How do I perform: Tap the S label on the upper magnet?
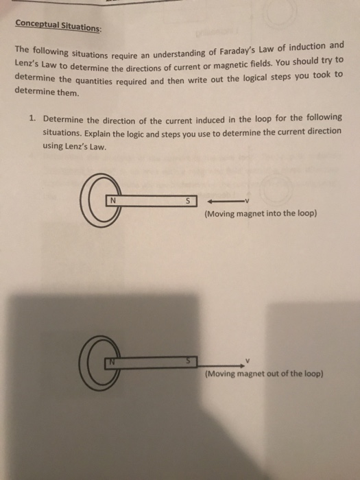(x=187, y=202)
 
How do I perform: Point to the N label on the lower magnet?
(x=109, y=361)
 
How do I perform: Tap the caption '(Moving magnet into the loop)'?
(x=260, y=214)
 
